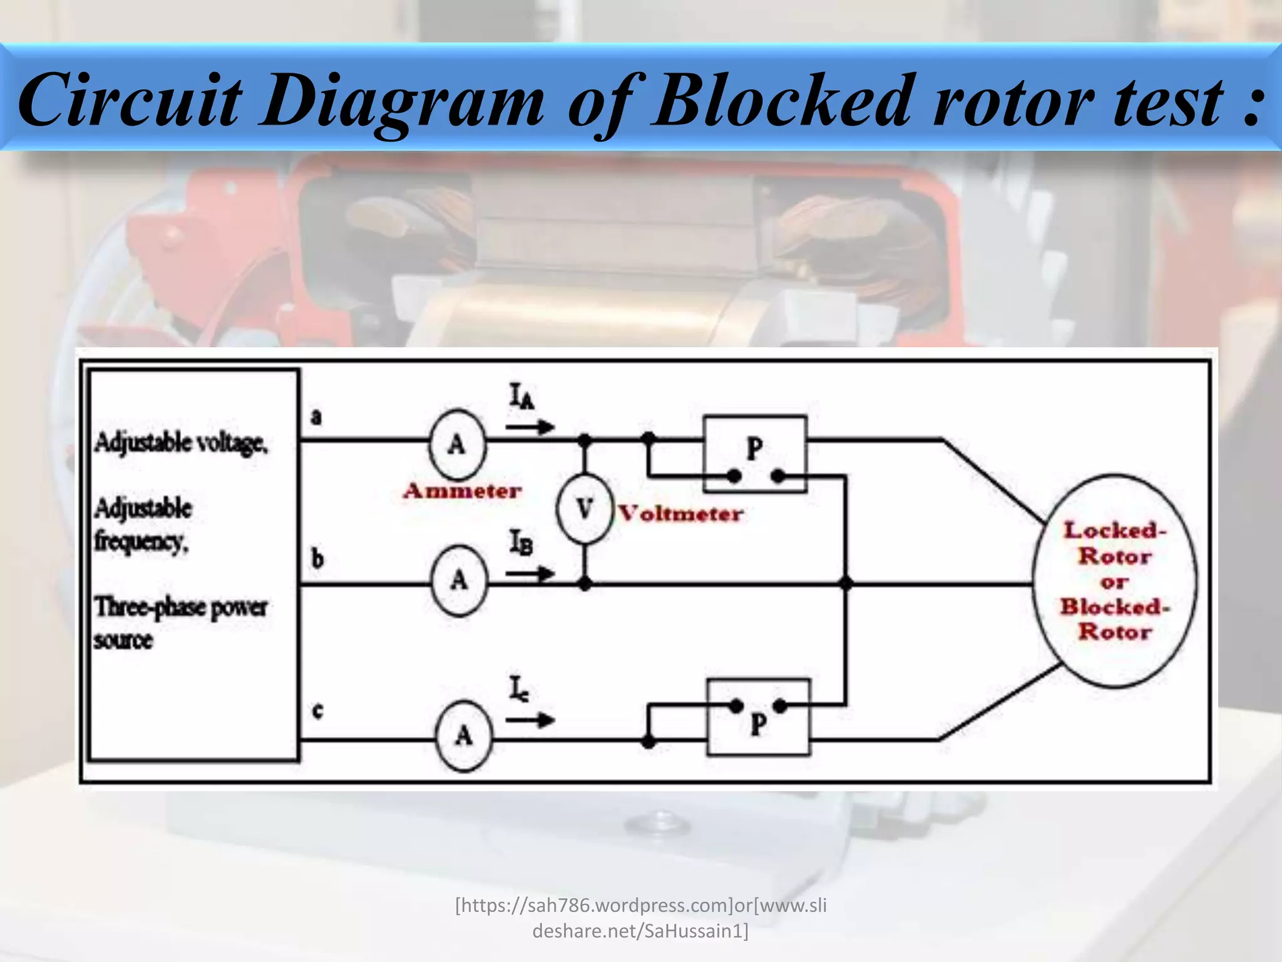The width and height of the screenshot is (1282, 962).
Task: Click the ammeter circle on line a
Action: pos(457,444)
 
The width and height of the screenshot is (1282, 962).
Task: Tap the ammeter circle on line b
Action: pos(459,581)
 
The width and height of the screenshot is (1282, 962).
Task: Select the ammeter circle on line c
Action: pos(463,735)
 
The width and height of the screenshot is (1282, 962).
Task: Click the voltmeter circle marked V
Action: pos(584,509)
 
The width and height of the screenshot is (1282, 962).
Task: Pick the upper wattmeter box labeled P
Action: pos(755,453)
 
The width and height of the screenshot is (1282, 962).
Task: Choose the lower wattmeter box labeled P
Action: pos(758,718)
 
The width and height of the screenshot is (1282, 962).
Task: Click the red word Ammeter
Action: pos(462,491)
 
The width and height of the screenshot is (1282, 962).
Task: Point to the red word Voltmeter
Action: pos(680,514)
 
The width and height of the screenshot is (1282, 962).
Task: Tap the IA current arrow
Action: pos(530,428)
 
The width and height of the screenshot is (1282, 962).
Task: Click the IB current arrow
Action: pos(530,574)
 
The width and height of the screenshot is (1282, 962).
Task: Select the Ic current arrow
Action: pos(530,720)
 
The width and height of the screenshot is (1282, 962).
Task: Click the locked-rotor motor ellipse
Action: pos(1114,581)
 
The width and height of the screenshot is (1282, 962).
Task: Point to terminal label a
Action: pos(317,416)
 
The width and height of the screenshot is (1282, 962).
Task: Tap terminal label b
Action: pos(317,558)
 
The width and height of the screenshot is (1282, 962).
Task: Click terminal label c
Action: pos(317,711)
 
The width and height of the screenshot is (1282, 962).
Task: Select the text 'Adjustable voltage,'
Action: pos(181,443)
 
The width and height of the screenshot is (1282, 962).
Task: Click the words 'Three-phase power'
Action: pos(181,607)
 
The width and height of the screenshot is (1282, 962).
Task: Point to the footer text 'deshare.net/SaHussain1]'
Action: pos(640,931)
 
